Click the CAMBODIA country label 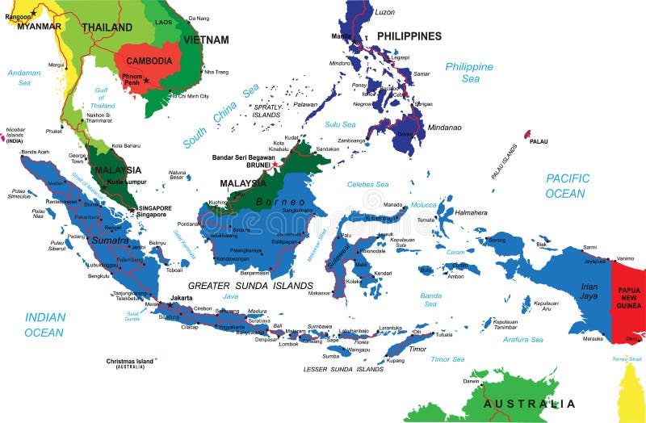[x=149, y=61]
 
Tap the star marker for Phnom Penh [x=146, y=80]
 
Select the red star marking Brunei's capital [x=275, y=165]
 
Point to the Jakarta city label [x=182, y=298]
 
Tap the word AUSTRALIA [x=529, y=403]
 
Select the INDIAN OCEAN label [x=44, y=325]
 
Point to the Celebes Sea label [x=367, y=185]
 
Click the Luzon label [x=385, y=12]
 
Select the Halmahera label [x=471, y=212]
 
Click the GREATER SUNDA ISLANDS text [x=250, y=285]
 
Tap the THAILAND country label [x=106, y=27]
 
